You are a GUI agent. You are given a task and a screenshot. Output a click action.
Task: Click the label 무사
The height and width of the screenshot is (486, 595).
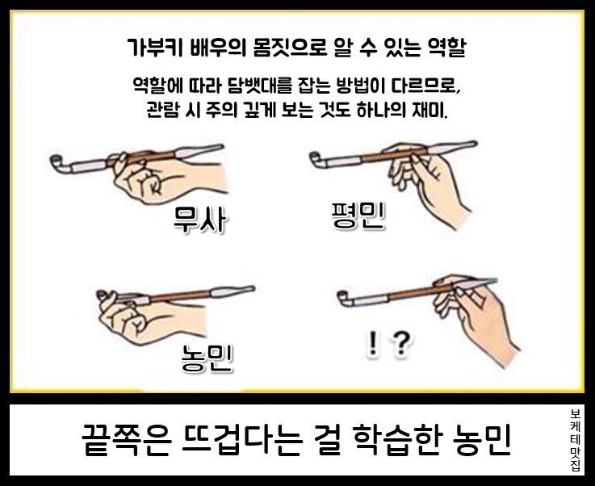(200, 219)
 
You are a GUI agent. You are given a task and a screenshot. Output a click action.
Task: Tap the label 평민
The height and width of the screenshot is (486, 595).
(358, 215)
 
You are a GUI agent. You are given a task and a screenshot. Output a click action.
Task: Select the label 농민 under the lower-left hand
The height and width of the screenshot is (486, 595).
(207, 358)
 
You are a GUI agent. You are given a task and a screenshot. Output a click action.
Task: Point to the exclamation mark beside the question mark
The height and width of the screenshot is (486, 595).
(373, 344)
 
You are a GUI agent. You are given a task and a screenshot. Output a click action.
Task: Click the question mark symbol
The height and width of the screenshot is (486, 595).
(401, 344)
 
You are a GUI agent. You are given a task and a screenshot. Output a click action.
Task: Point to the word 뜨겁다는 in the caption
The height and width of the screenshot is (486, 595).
(242, 440)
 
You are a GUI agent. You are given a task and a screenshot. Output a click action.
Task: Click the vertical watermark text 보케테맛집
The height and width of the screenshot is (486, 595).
(576, 441)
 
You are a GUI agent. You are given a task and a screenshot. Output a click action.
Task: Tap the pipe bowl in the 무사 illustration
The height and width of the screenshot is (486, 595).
(57, 163)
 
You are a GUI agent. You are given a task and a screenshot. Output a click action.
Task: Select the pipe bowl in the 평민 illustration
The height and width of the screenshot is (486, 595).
(316, 158)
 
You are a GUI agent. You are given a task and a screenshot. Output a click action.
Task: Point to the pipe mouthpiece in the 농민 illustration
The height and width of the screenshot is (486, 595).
(233, 291)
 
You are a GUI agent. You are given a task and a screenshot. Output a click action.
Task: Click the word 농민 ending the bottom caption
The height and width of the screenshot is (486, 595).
(483, 440)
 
